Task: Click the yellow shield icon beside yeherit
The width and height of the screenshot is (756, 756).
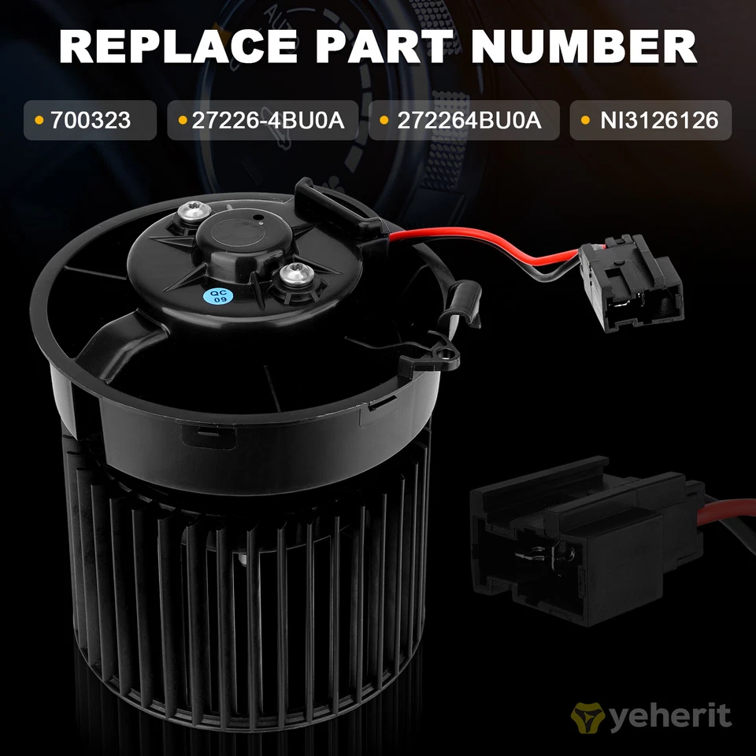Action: point(585,717)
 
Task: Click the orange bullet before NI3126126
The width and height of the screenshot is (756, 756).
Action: point(584,120)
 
